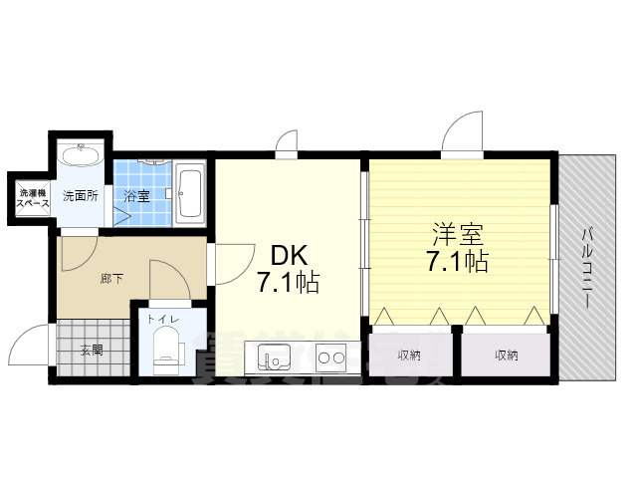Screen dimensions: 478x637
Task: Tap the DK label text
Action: pos(279,254)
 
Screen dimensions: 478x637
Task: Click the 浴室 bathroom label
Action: pos(136,195)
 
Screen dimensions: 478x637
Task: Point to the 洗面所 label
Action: pos(80,195)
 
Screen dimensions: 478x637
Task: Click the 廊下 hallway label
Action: pos(111,279)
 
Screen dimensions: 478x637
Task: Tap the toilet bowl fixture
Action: pos(165,351)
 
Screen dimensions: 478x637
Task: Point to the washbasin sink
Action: pos(80,156)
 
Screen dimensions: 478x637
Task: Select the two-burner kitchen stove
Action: pos(330,357)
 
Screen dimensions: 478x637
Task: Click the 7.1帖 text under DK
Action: pos(288,283)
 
